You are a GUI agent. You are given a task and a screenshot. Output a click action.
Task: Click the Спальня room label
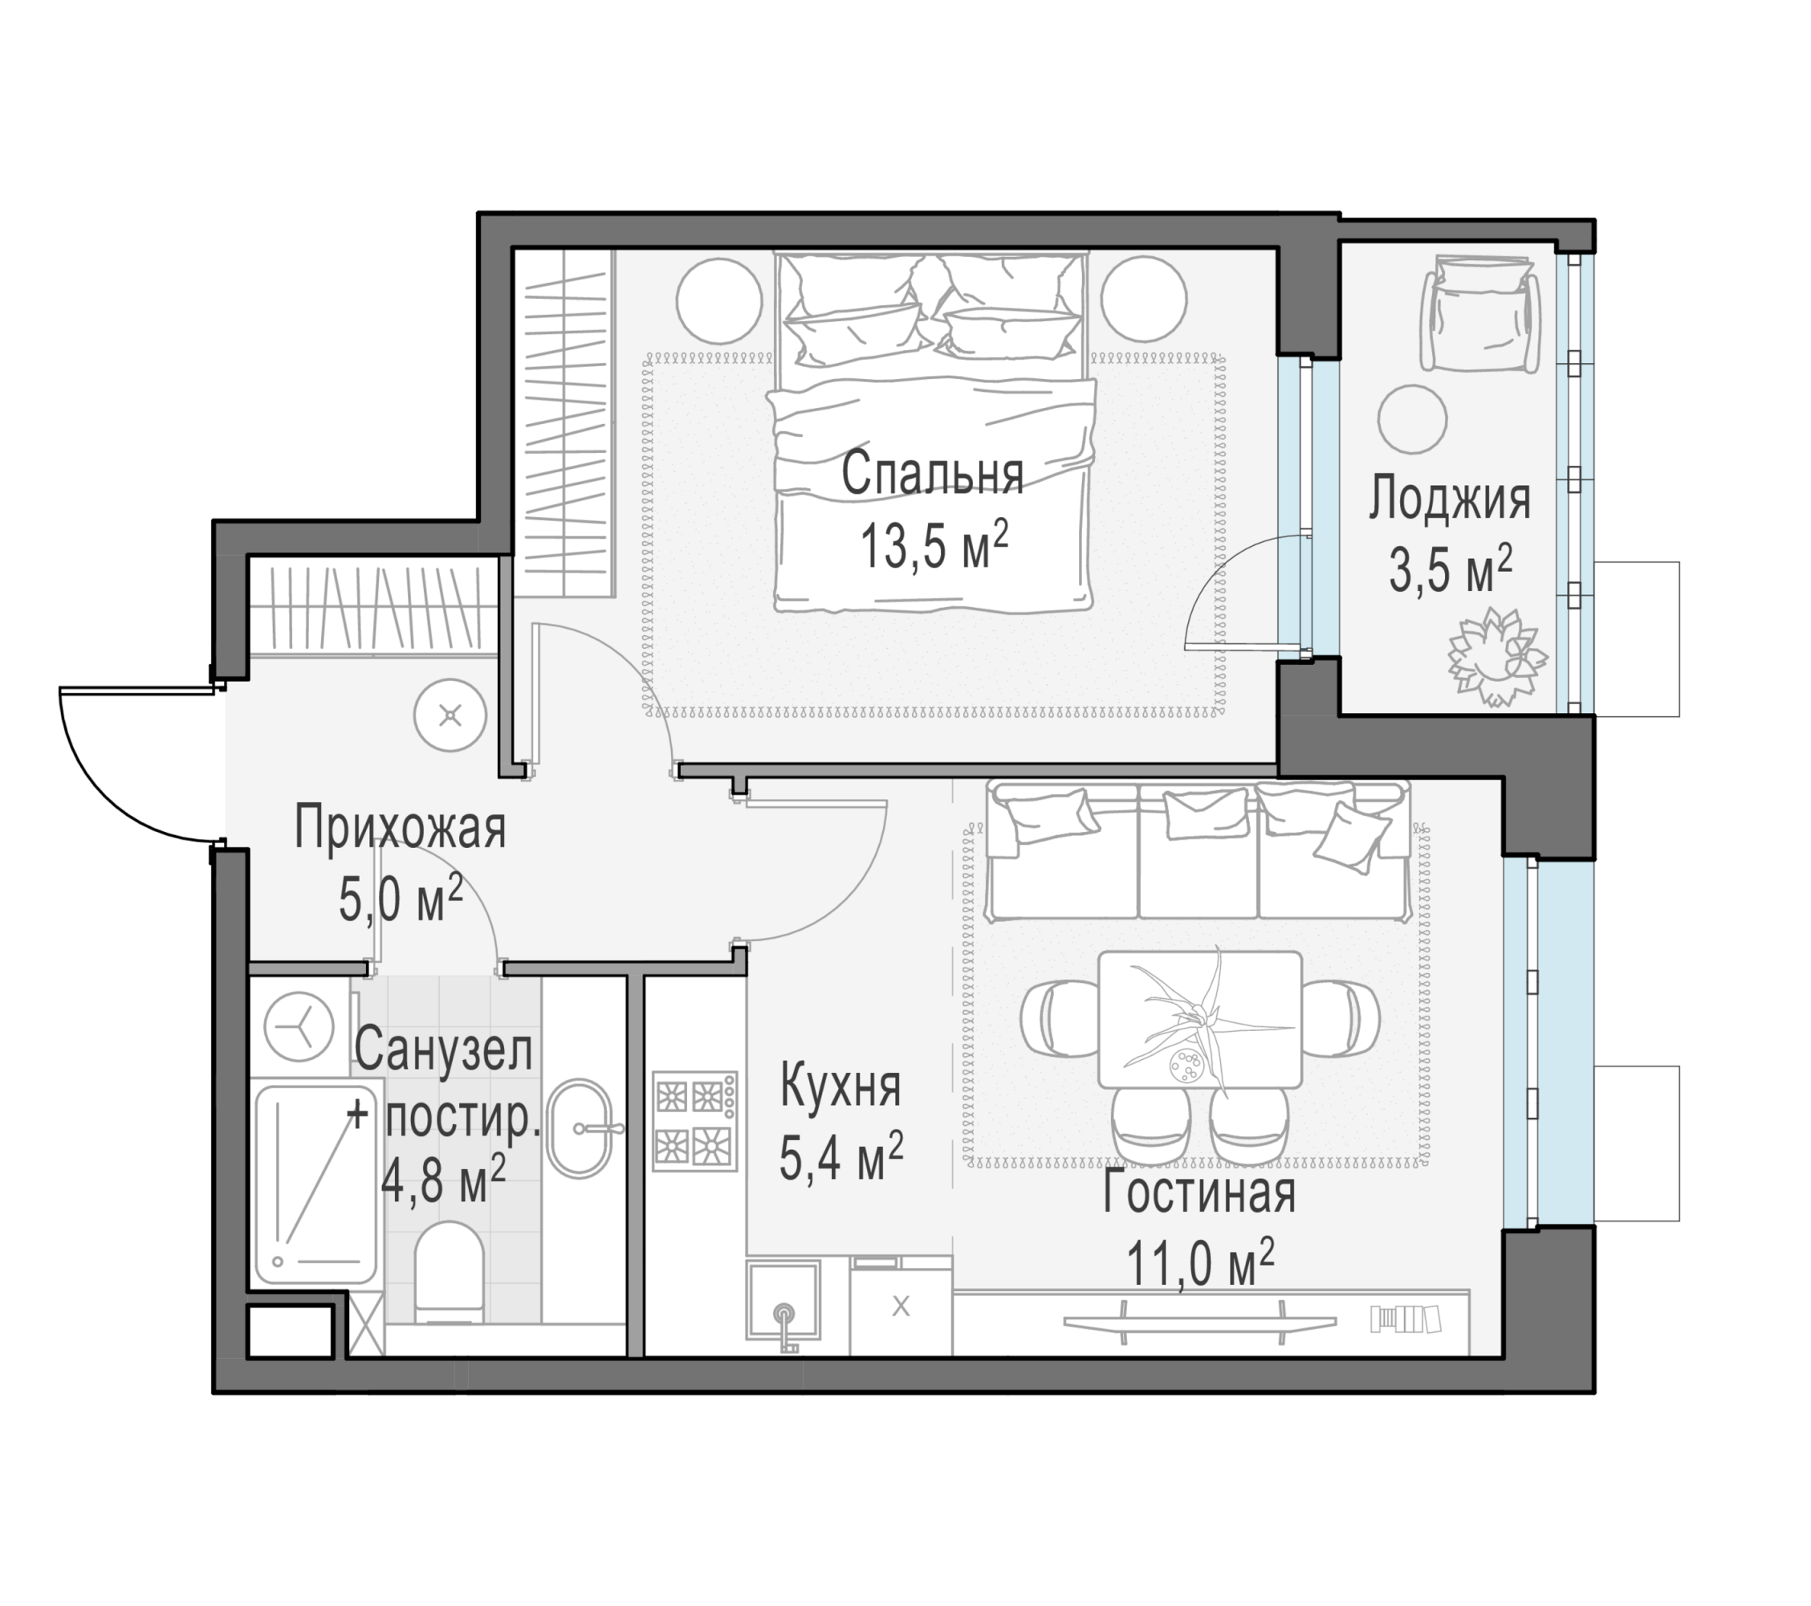(x=932, y=475)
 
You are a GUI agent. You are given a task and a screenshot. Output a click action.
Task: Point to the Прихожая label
(x=400, y=828)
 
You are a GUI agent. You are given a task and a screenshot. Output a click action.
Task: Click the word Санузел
(x=444, y=1050)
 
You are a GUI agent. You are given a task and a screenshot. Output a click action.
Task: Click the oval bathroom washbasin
(x=579, y=1128)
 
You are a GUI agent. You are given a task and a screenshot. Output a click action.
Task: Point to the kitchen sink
(x=783, y=1300)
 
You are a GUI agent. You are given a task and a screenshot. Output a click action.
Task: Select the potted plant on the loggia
(x=1496, y=657)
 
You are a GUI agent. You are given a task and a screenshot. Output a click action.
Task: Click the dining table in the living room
(x=1199, y=1020)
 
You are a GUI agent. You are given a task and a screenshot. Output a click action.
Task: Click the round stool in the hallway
(x=451, y=715)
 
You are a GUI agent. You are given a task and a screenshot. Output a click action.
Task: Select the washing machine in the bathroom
(x=299, y=1027)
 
